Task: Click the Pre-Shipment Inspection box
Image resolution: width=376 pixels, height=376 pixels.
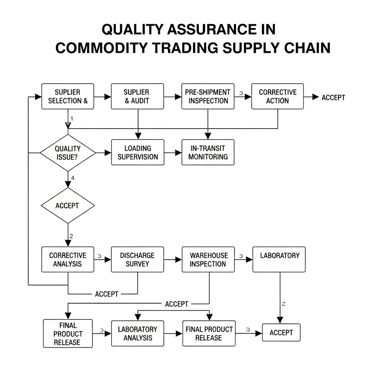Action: click(x=207, y=96)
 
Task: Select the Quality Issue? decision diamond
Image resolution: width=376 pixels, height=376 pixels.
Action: click(x=68, y=153)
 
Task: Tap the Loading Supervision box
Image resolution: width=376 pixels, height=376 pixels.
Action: click(x=138, y=152)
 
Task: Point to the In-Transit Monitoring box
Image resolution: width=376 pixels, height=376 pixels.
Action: click(x=208, y=152)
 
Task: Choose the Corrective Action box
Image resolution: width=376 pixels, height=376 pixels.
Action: click(x=277, y=96)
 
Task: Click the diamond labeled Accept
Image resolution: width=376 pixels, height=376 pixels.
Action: click(x=68, y=206)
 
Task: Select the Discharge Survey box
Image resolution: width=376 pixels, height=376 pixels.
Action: click(x=138, y=259)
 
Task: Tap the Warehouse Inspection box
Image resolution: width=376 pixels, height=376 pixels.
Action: click(x=208, y=259)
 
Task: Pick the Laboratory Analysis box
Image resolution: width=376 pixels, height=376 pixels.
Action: click(x=138, y=333)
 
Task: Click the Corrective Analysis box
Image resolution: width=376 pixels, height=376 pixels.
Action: click(x=68, y=259)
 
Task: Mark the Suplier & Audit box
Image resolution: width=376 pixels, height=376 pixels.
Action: click(x=138, y=96)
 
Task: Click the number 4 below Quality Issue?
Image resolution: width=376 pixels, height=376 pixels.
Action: click(x=73, y=178)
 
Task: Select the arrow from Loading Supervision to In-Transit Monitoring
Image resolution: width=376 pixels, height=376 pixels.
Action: click(x=173, y=152)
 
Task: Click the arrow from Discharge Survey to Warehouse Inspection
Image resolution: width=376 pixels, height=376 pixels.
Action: click(x=173, y=259)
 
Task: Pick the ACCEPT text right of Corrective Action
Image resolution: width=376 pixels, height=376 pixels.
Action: click(x=333, y=97)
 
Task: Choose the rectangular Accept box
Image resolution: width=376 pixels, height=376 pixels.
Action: click(x=281, y=332)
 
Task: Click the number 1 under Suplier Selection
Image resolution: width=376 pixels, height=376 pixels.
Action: click(x=72, y=119)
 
